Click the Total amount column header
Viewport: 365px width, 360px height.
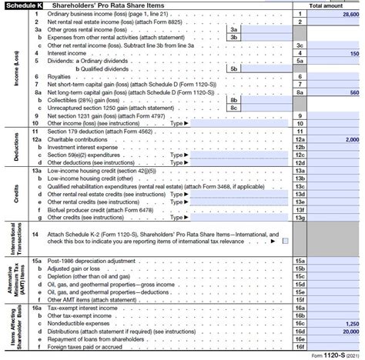coord(326,5)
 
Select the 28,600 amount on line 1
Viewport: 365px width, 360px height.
coord(350,15)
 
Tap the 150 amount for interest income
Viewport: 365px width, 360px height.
coord(353,54)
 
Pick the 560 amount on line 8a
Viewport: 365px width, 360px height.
coord(353,92)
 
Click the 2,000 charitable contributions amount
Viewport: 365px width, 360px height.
coord(351,139)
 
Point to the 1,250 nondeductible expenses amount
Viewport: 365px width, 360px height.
coord(351,324)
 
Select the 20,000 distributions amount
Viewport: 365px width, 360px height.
coord(350,332)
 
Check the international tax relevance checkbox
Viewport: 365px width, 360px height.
coord(285,241)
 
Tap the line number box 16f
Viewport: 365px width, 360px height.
coord(300,348)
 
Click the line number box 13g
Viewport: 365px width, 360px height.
coord(300,217)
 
